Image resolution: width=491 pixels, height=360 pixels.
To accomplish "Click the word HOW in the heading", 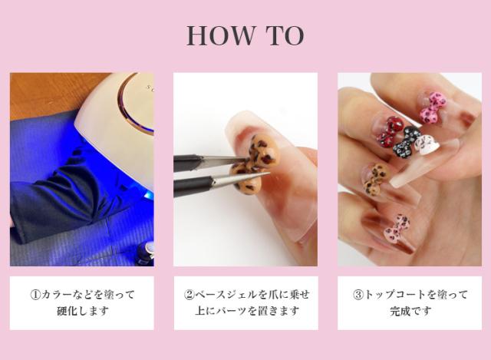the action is coord(221,35).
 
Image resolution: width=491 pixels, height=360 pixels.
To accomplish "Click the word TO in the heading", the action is coord(285,35).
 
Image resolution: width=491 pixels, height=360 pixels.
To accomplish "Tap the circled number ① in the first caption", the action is coord(35,295).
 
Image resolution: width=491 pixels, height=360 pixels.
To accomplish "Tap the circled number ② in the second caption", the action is coord(189,295).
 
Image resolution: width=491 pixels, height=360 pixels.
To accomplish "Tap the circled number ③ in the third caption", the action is coord(358,295).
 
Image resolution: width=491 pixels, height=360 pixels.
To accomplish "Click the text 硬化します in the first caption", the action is coord(82,311).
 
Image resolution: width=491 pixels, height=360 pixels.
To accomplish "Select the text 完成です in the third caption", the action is coord(410,311).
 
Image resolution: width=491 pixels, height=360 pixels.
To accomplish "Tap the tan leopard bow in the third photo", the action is coord(376,178).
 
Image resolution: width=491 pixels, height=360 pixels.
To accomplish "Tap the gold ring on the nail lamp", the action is coord(131,105).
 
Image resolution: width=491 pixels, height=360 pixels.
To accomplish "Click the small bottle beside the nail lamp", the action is coord(145,254).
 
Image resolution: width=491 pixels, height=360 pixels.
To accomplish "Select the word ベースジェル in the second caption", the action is coord(226,295).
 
